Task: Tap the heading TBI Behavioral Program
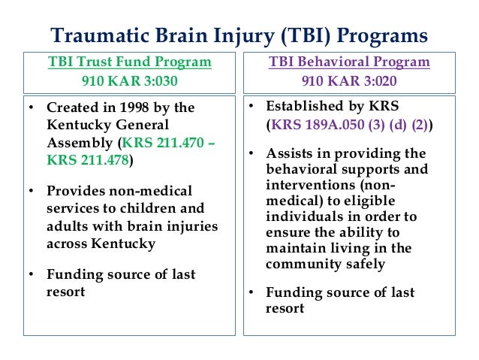(350, 62)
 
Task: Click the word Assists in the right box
(288, 154)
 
